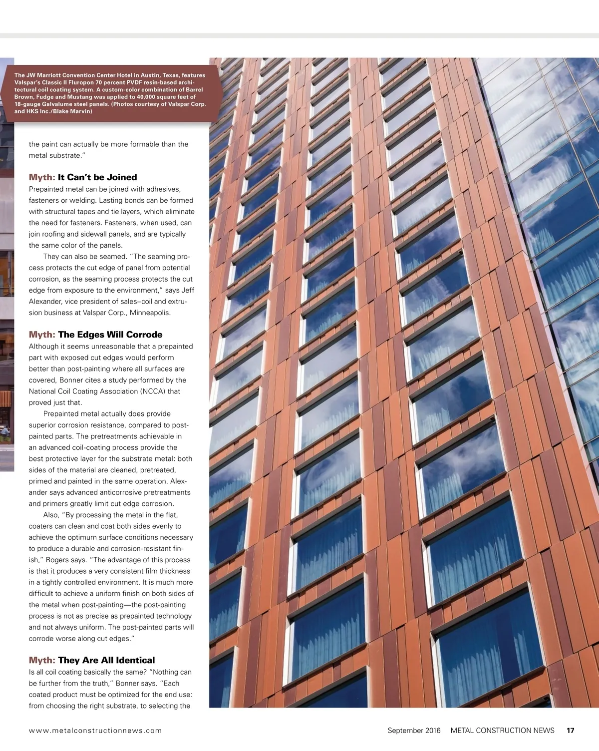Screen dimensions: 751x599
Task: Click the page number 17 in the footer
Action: pyautogui.click(x=570, y=731)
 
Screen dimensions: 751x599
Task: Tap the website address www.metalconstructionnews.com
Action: pyautogui.click(x=95, y=731)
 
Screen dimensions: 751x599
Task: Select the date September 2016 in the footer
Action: pyautogui.click(x=414, y=731)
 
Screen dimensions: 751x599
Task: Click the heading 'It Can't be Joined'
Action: pyautogui.click(x=97, y=177)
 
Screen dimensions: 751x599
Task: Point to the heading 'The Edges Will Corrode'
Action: pyautogui.click(x=110, y=335)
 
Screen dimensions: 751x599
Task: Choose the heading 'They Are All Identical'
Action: pyautogui.click(x=106, y=660)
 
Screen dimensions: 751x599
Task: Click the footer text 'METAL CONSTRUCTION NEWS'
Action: pyautogui.click(x=502, y=731)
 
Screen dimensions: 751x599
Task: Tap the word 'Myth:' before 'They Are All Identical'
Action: pyautogui.click(x=42, y=660)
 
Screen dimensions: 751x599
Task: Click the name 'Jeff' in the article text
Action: pyautogui.click(x=188, y=291)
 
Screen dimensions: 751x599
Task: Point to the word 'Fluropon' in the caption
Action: pyautogui.click(x=81, y=82)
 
